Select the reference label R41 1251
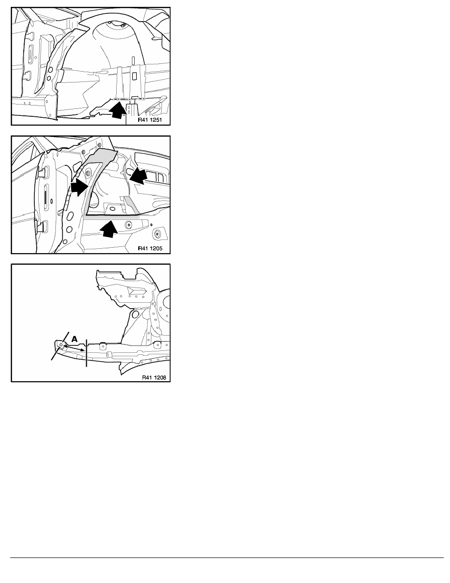tap(150, 120)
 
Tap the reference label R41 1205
tap(150, 248)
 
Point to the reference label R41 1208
tap(154, 377)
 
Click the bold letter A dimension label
tap(75, 339)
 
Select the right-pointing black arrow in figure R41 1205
tap(79, 187)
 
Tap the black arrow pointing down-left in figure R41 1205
tap(139, 176)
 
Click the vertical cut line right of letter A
tap(86, 352)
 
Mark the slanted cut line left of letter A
tap(60, 346)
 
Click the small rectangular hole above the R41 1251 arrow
tap(134, 76)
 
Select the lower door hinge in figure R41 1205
tap(42, 226)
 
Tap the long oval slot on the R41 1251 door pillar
tap(31, 54)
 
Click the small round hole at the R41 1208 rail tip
tap(61, 344)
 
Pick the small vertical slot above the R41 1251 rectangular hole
tap(133, 59)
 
